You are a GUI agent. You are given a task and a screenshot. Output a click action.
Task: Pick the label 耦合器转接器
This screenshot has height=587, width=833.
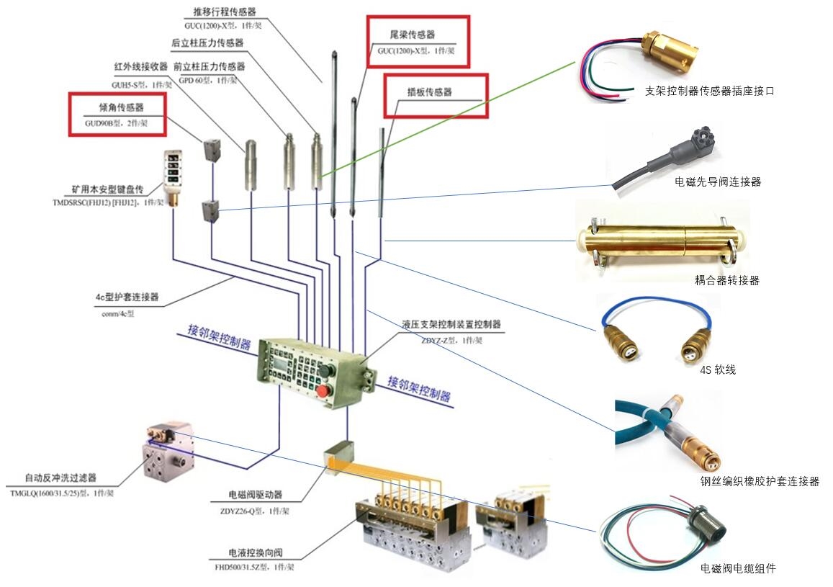click(x=726, y=280)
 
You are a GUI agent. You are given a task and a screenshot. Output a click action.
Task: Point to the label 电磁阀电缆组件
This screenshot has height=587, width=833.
click(x=738, y=569)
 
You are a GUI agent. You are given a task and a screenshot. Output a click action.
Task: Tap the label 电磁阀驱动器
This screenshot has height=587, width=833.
click(x=255, y=495)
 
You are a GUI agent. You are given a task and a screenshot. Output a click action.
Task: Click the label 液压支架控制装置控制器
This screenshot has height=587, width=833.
click(x=451, y=325)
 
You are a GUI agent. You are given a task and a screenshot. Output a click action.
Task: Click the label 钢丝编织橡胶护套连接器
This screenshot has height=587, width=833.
click(x=759, y=482)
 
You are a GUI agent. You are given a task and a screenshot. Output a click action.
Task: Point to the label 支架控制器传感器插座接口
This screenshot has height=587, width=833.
click(x=709, y=91)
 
